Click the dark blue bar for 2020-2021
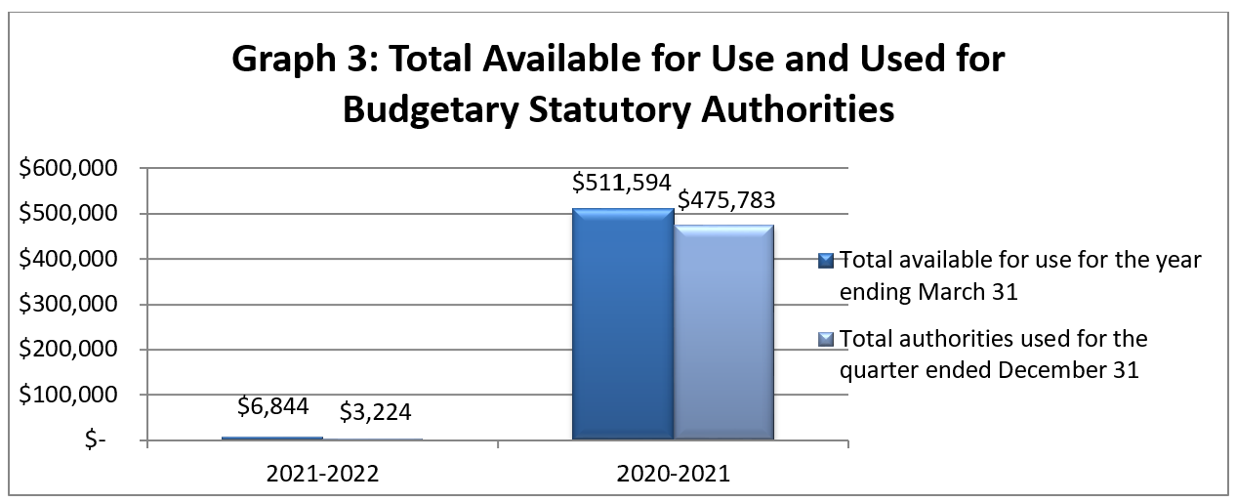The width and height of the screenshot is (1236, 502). tap(622, 324)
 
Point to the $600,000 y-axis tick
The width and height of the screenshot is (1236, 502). tap(69, 168)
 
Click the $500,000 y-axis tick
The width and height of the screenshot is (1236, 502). tap(69, 214)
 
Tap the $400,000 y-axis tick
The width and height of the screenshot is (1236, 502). tap(69, 259)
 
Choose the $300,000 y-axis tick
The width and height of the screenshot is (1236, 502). tap(69, 305)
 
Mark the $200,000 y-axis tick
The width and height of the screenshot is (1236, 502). tap(69, 350)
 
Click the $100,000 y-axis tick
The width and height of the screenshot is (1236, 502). tap(69, 396)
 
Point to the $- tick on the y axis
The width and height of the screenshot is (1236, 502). tap(96, 440)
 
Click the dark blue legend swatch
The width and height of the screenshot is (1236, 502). tap(826, 260)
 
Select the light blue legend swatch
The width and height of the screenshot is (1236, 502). tap(826, 339)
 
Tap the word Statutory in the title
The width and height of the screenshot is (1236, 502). tap(582, 109)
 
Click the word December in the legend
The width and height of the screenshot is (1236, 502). tap(1044, 371)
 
